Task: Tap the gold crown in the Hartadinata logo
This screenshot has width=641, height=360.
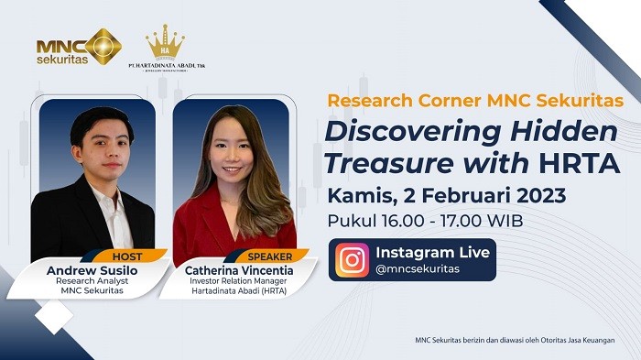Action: (165, 41)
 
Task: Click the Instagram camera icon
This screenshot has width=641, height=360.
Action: (353, 260)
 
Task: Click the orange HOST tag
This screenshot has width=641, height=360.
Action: (127, 257)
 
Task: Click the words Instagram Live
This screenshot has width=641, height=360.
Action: (432, 252)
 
